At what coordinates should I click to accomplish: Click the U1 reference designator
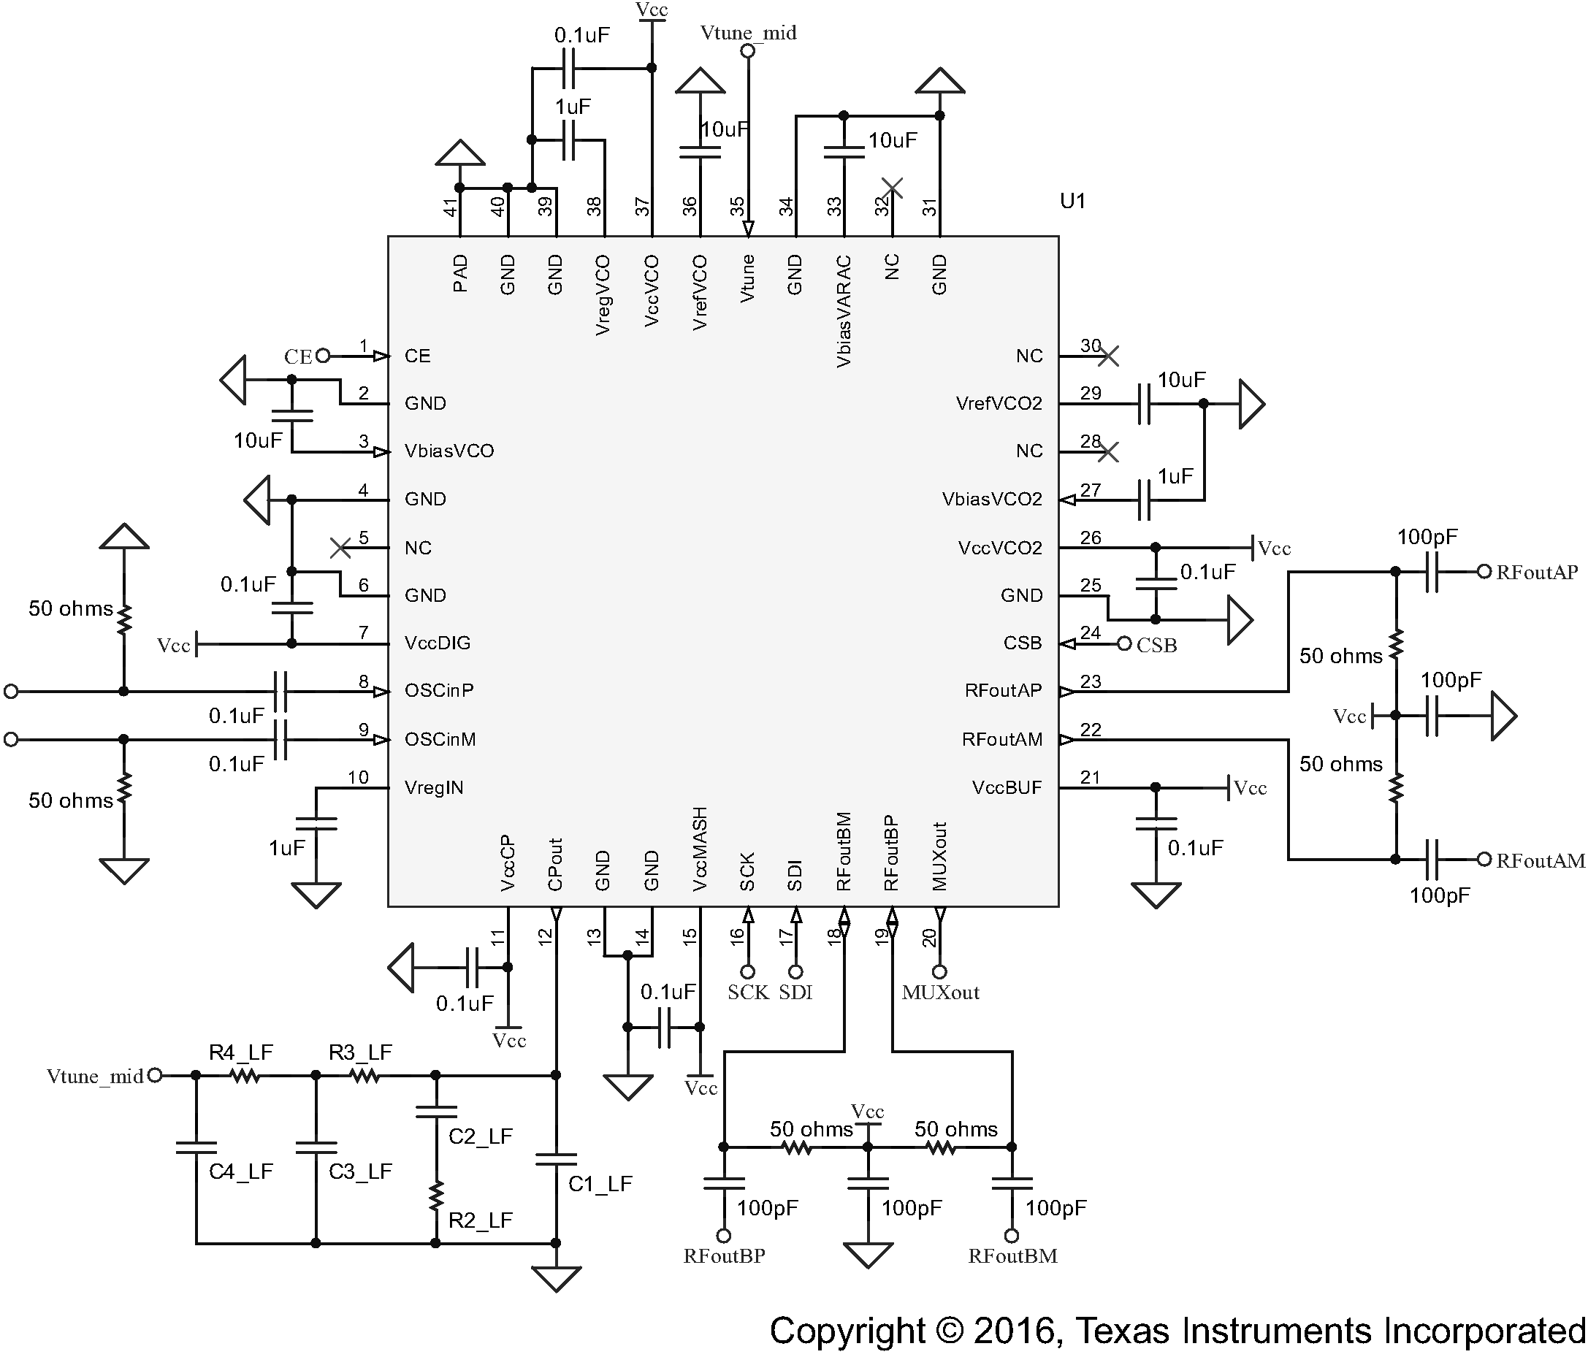(1072, 201)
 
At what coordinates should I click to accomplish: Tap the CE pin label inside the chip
(418, 356)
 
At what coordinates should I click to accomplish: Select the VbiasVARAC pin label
(843, 311)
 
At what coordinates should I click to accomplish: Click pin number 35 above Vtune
(737, 206)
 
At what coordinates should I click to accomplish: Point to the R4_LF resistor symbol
(245, 1076)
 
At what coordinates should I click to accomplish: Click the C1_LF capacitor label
(600, 1184)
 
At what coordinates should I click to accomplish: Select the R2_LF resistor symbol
(436, 1195)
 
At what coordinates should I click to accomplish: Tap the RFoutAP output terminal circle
(1484, 572)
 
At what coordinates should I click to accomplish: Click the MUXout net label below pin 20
(940, 993)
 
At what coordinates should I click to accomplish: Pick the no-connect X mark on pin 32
(892, 187)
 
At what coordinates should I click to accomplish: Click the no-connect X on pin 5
(340, 548)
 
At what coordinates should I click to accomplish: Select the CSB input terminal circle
(1124, 643)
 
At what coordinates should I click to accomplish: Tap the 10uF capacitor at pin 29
(1144, 404)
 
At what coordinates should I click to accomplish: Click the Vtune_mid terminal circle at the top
(748, 51)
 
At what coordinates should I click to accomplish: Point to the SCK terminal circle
(748, 971)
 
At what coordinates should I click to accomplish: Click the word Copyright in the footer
(847, 1331)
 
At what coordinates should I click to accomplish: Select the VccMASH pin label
(699, 849)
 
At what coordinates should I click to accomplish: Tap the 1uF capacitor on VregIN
(316, 824)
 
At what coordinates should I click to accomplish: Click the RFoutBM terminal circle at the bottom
(1012, 1236)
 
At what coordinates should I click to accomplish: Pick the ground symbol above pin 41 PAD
(460, 153)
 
